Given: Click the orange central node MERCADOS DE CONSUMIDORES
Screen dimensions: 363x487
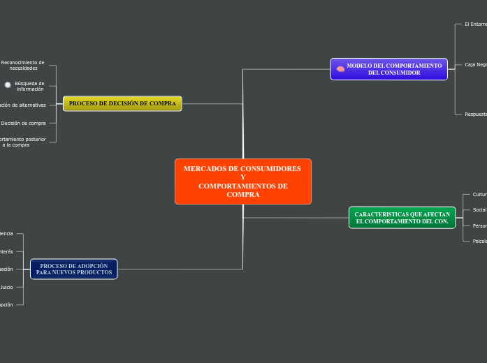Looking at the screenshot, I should tap(242, 181).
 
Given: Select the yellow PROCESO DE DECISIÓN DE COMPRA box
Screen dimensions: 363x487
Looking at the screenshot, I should tap(122, 103).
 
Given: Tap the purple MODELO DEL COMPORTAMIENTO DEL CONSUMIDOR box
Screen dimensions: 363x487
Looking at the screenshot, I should tap(388, 69).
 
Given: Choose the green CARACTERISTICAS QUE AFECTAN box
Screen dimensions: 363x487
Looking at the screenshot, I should tap(402, 218).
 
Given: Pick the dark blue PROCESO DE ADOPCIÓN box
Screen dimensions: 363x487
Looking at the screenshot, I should tap(74, 269).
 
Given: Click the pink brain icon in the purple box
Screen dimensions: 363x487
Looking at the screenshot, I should tap(340, 69).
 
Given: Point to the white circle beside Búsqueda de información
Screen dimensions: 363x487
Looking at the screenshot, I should tap(8, 85).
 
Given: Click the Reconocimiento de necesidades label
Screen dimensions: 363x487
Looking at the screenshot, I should tap(22, 66).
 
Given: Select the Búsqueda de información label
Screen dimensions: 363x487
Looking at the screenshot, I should tap(29, 86).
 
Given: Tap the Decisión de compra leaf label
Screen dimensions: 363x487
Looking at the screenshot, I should tap(23, 123).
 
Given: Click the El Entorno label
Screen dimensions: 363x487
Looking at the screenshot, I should tap(476, 24).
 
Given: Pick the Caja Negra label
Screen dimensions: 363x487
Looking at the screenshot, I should tap(476, 64).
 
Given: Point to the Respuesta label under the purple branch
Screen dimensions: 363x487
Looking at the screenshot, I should tap(476, 114).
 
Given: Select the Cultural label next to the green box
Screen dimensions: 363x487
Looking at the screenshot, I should tap(479, 194).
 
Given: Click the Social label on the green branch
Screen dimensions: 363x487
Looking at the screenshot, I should tap(479, 209).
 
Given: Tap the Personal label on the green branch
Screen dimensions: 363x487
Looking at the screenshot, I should tap(479, 225).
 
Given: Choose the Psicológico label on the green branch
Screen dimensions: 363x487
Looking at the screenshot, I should tap(479, 241).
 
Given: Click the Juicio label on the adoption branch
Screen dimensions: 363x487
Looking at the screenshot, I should tap(6, 287).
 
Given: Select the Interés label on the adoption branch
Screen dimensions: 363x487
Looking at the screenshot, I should tap(6, 251).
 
